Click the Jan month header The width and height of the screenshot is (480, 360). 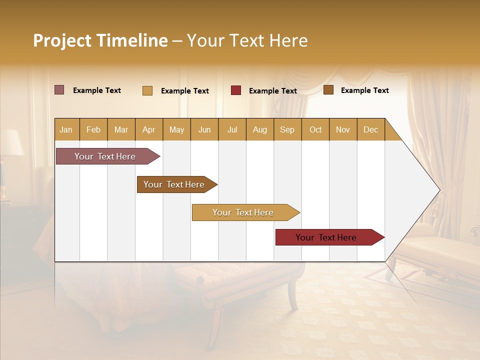66,130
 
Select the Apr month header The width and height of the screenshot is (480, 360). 148,130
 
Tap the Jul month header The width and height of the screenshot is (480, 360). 232,130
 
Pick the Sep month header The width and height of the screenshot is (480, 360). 287,130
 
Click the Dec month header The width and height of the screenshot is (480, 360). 370,130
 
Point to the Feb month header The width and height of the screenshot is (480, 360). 93,130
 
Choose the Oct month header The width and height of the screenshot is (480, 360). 315,130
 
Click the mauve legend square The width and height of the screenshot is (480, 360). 59,90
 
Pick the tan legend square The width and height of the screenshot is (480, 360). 147,90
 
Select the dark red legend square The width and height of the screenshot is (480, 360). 236,90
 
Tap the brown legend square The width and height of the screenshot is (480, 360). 328,90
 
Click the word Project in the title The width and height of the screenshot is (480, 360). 62,41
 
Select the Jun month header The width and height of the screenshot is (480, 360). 204,130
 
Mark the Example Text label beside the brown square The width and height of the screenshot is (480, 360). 364,90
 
